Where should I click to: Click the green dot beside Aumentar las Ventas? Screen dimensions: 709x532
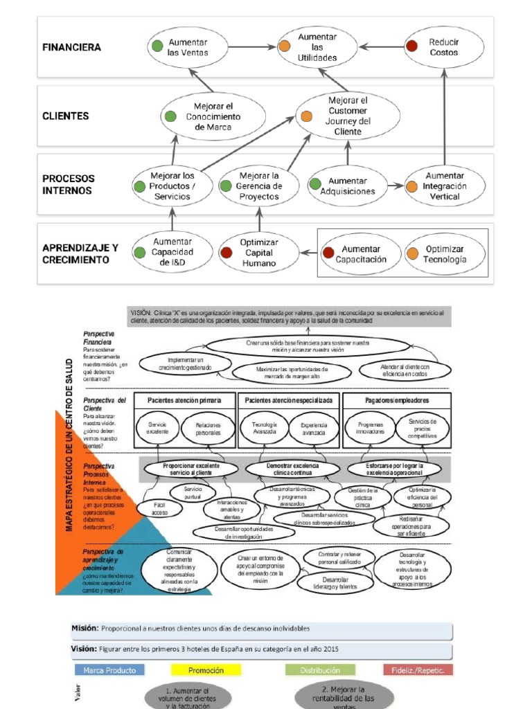(158, 47)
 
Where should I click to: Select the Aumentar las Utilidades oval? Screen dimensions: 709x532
(317, 47)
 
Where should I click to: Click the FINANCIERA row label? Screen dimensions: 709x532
(71, 48)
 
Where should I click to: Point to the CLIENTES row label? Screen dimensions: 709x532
(66, 116)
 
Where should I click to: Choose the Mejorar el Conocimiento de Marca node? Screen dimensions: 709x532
(213, 116)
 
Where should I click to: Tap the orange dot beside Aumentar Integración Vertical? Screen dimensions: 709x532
(411, 186)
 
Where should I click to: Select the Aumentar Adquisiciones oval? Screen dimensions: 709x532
(351, 186)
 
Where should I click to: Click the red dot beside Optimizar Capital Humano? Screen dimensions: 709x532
(226, 253)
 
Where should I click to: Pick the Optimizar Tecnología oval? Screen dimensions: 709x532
(443, 254)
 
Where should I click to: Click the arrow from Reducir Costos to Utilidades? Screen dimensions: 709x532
(380, 47)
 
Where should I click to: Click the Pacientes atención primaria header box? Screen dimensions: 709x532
(185, 401)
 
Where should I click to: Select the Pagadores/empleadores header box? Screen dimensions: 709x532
(397, 401)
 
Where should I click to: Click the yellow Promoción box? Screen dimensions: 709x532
(206, 670)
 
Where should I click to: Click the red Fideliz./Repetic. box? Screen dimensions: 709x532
(418, 670)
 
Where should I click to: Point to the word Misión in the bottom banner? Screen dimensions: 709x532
(85, 629)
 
